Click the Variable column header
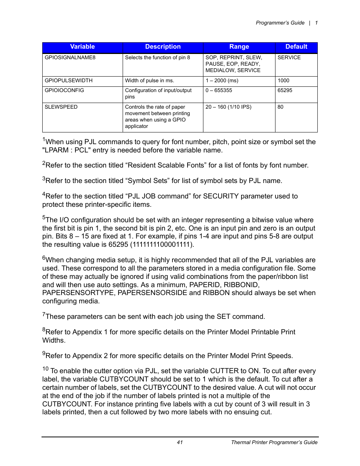[x=82, y=47]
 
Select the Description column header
[x=163, y=47]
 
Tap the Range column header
[x=239, y=47]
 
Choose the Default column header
[x=296, y=47]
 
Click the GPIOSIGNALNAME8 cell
[x=70, y=58]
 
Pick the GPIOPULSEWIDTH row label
[x=69, y=81]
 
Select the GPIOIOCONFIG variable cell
[x=65, y=91]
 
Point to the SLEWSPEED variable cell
[x=61, y=107]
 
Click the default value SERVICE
[x=289, y=58]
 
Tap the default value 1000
[x=283, y=81]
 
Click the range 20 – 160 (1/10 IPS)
[x=228, y=107]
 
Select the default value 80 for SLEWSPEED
[x=280, y=107]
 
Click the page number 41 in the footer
[x=180, y=443]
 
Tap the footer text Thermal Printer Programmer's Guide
[x=274, y=443]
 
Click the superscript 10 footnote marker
[x=45, y=369]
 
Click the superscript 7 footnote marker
[x=44, y=314]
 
